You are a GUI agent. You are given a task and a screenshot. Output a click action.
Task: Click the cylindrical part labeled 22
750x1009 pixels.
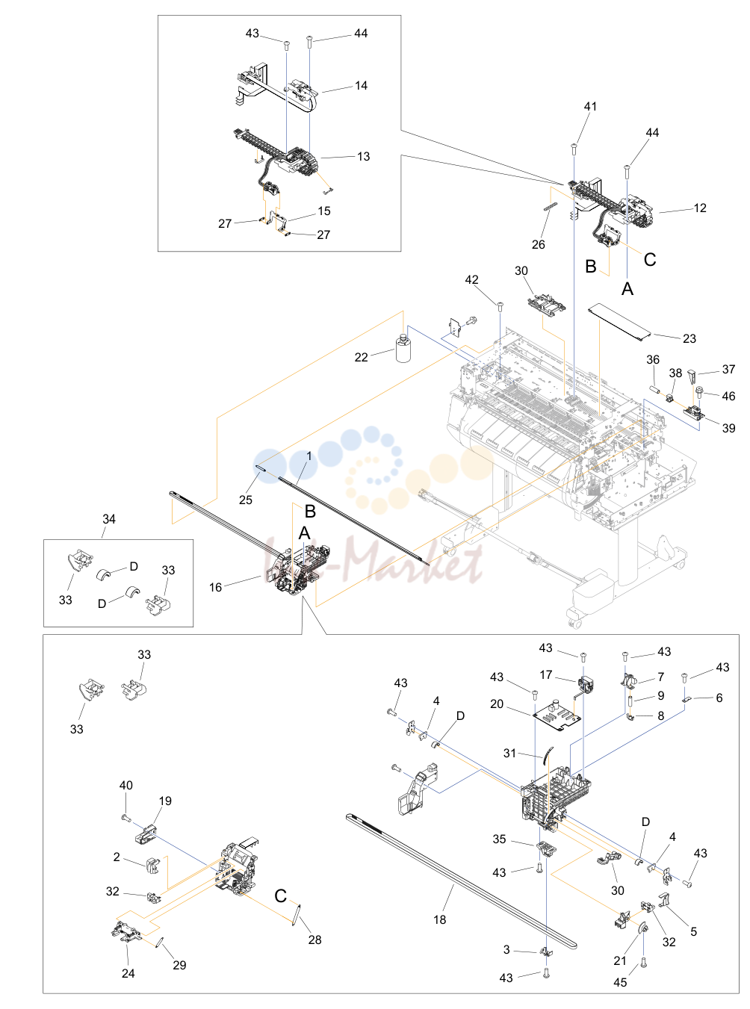(x=403, y=349)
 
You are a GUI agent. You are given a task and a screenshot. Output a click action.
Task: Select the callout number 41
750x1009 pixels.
(x=590, y=106)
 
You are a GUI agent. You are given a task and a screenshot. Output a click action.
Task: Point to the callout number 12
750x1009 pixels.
(x=699, y=208)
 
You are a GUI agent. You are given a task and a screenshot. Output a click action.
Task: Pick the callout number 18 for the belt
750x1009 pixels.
(x=440, y=919)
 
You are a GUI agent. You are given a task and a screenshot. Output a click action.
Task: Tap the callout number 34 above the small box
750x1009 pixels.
(x=109, y=519)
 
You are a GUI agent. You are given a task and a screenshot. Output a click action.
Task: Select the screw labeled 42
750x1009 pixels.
(x=500, y=305)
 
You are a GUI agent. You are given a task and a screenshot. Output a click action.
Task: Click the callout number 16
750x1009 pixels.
(x=215, y=587)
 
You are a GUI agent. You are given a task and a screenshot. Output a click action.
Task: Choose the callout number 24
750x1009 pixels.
(x=128, y=973)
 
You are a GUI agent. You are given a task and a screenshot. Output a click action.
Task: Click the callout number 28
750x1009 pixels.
(x=314, y=940)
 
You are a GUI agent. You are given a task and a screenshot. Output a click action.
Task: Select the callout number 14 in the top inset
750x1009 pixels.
(x=361, y=86)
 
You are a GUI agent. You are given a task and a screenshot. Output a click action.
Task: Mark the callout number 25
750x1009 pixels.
(x=245, y=500)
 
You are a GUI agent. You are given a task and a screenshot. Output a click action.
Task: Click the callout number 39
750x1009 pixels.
(x=728, y=428)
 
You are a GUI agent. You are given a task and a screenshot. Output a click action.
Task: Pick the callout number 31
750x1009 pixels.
(x=509, y=754)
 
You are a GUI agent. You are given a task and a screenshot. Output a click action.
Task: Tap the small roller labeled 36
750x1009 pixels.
(x=656, y=391)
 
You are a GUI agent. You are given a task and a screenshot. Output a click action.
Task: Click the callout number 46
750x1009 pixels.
(x=728, y=397)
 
